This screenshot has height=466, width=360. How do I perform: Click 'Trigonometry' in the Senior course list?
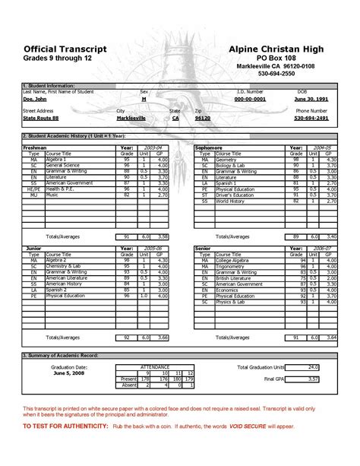point(232,266)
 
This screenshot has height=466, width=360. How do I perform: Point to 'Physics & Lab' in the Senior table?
point(232,302)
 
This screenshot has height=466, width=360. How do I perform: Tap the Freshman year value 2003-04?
point(152,147)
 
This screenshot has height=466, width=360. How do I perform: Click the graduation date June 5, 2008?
point(71,372)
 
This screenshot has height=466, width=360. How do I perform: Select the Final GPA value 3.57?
point(312,378)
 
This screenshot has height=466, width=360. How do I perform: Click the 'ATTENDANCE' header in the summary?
point(156,366)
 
